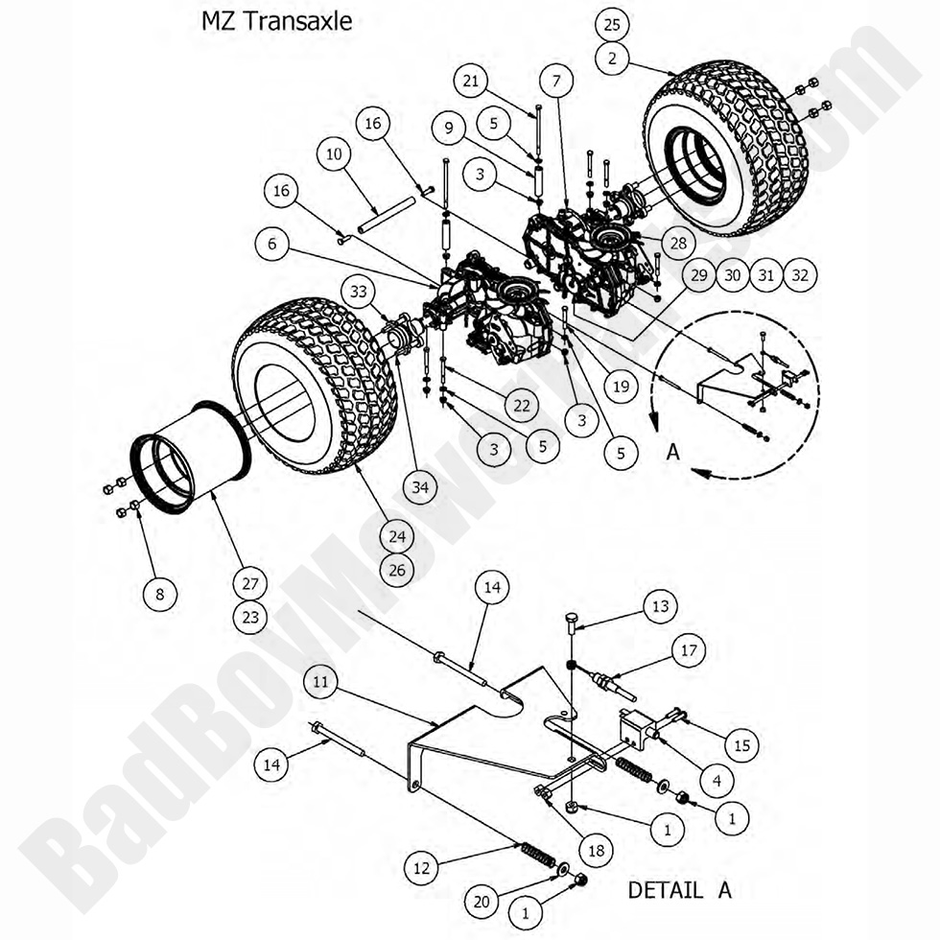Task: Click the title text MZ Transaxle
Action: coord(276,21)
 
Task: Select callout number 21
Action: coord(470,82)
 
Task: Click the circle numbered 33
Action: coord(357,292)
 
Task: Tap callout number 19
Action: coord(621,387)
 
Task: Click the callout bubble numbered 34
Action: coord(419,487)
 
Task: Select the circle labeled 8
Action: coord(160,595)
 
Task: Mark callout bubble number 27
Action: coord(251,583)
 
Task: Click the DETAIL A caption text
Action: coord(679,889)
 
